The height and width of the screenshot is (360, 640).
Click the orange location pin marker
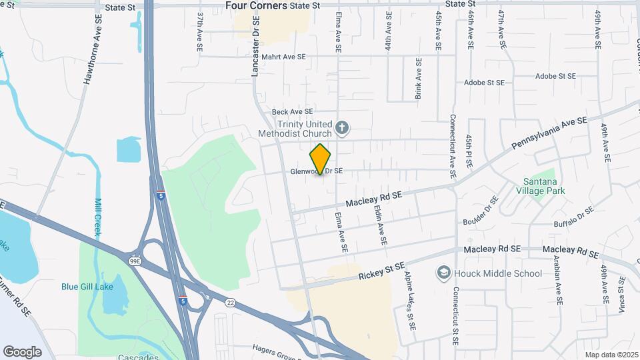(x=321, y=159)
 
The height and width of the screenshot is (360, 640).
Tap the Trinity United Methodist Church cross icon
(x=342, y=127)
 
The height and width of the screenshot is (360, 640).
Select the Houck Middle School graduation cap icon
(x=443, y=273)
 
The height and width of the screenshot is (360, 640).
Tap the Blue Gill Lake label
(x=87, y=287)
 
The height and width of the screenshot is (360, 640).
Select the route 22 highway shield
(x=230, y=302)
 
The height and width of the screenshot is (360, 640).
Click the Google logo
(x=22, y=351)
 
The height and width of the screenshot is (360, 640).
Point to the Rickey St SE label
(x=381, y=271)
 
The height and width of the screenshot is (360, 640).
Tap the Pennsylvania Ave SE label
(x=549, y=132)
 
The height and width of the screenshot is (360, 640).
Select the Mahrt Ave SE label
(x=283, y=57)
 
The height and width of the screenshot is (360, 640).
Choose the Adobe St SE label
(x=484, y=83)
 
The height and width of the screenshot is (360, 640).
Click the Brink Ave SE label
(x=419, y=79)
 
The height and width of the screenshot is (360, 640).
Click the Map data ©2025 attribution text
(x=611, y=355)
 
